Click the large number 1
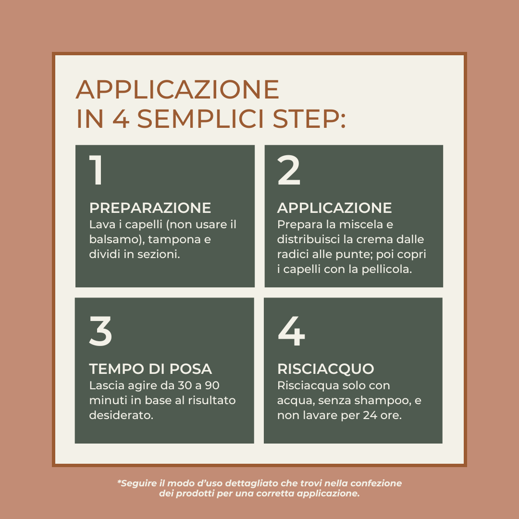coord(96,170)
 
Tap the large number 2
coord(289,170)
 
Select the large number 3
coord(100,331)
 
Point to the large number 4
coord(291,331)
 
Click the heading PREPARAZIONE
coord(150,208)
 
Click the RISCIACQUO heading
coord(326,369)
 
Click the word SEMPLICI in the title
coord(200,119)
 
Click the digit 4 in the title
coord(121,119)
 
